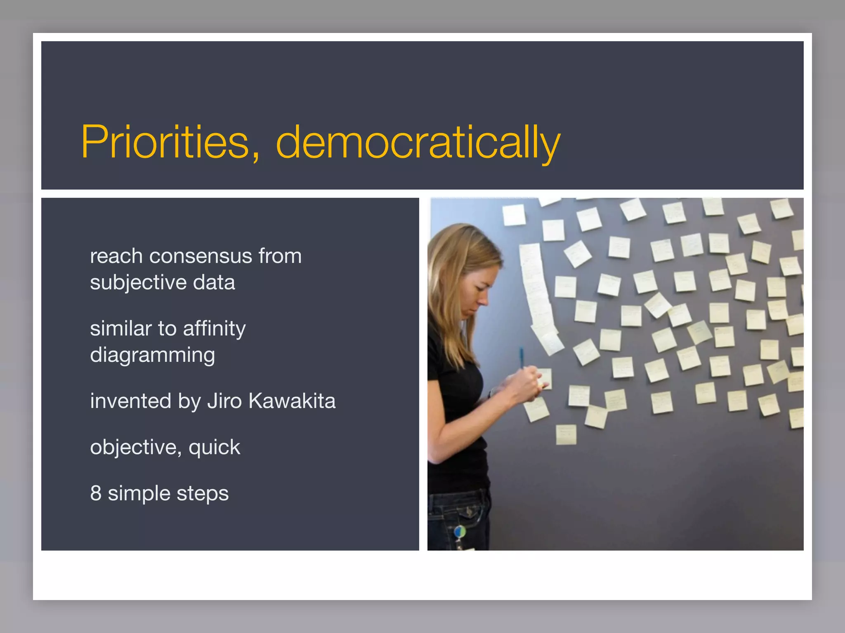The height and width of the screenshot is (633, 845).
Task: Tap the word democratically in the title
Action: click(x=418, y=142)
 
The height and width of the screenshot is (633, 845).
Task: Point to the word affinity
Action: click(x=214, y=329)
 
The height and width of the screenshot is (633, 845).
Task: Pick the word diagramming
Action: click(x=152, y=355)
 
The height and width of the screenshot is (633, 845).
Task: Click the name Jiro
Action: click(x=224, y=401)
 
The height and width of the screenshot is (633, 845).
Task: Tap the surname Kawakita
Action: click(x=292, y=401)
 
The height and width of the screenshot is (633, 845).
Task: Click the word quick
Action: click(x=214, y=448)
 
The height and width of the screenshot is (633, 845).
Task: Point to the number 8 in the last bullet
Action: click(x=96, y=493)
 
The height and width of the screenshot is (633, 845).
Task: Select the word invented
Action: click(x=130, y=401)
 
